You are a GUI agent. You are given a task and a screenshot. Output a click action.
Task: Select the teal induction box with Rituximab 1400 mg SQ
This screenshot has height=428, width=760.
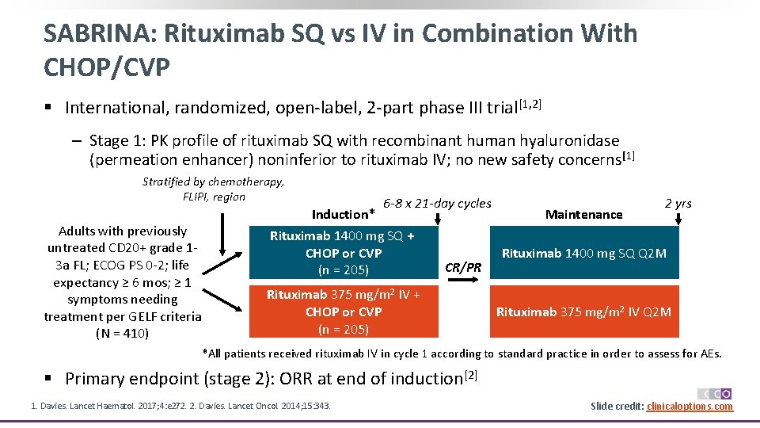tap(343, 253)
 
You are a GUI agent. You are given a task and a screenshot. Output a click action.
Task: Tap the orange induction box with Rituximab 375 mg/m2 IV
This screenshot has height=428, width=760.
tap(343, 311)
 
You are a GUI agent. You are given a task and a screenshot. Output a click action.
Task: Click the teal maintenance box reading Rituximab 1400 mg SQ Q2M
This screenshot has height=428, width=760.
tap(583, 253)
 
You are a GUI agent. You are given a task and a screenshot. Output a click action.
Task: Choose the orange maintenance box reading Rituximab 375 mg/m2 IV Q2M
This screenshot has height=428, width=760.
tap(583, 311)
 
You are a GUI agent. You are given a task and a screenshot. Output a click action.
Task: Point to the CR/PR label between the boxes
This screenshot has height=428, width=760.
tap(463, 266)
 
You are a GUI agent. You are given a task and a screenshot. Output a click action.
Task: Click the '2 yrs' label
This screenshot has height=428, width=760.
tap(678, 203)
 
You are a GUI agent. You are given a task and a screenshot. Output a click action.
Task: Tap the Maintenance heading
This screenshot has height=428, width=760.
tap(583, 214)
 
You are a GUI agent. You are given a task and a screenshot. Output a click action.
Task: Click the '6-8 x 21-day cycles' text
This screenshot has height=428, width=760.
tap(437, 203)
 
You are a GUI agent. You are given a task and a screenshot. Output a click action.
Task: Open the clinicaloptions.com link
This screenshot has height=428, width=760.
tap(690, 407)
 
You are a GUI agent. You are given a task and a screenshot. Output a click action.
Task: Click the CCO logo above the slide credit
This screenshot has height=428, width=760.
tap(714, 394)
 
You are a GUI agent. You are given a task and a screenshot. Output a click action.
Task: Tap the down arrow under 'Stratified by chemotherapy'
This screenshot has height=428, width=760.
tap(224, 224)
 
